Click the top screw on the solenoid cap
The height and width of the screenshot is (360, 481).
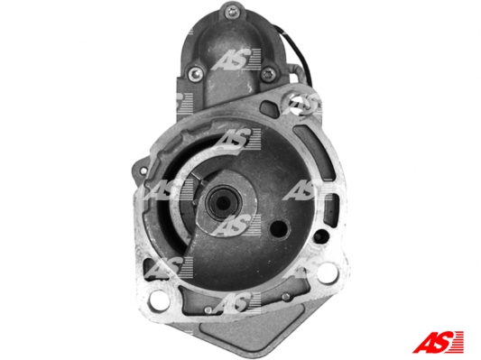230,13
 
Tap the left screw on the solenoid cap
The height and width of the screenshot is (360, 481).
195,74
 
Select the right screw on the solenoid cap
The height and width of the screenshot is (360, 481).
269,74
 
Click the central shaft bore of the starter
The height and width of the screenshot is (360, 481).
221,202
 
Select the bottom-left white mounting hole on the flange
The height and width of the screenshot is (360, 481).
159,298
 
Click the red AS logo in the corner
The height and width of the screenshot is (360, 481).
439,341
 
